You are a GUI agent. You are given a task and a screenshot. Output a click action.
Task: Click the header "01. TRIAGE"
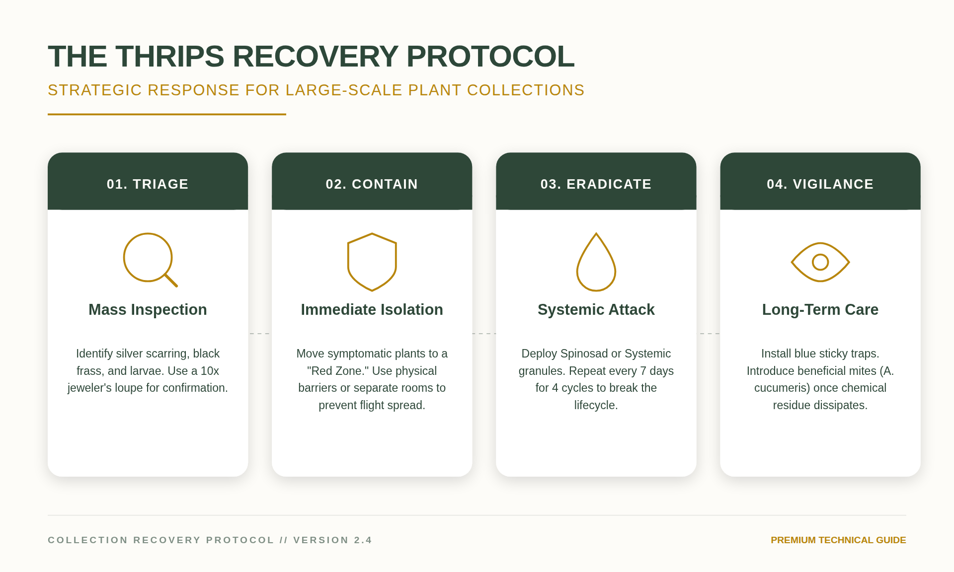pos(148,184)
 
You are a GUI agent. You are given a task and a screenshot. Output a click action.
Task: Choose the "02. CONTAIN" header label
pos(372,184)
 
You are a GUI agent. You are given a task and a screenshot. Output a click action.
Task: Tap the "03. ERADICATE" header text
pos(596,184)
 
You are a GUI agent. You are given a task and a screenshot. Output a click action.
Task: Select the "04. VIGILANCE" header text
pos(820,184)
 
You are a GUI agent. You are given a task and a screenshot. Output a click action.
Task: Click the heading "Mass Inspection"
pos(148,310)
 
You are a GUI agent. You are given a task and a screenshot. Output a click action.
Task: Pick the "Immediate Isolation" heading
pos(372,310)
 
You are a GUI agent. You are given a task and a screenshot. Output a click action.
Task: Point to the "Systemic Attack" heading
pos(596,310)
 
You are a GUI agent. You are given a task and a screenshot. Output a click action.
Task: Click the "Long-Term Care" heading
pos(820,310)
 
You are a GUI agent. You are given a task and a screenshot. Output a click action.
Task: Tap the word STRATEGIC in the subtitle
pos(95,90)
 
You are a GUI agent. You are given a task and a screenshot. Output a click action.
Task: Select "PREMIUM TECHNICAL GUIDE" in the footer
pos(838,540)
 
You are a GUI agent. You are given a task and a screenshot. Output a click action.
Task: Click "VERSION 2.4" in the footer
pos(332,540)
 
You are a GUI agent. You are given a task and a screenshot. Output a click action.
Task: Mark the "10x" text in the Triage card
pos(210,371)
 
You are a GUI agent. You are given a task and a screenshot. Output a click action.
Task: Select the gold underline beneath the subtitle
pos(167,114)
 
